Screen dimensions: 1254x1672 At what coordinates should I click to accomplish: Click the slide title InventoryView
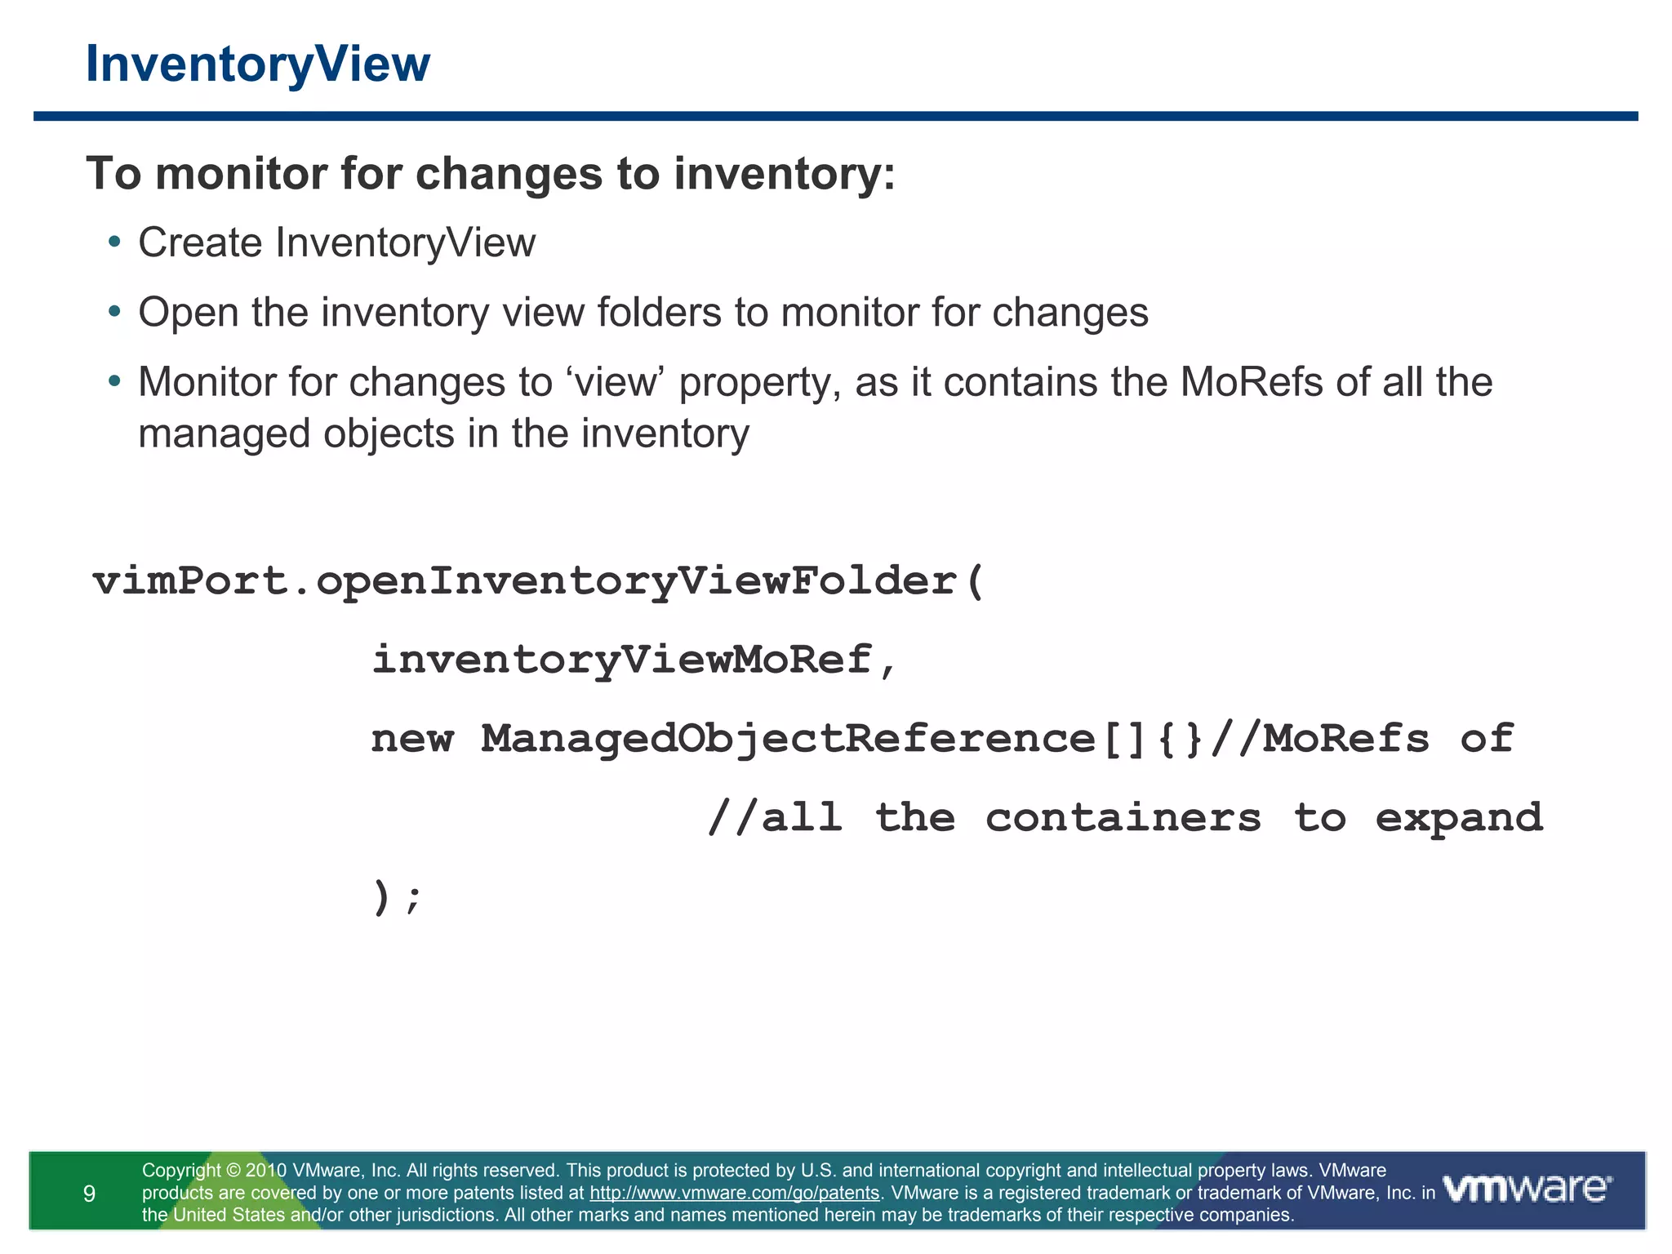(x=257, y=64)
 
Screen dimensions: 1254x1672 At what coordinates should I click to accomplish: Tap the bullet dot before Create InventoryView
(x=114, y=242)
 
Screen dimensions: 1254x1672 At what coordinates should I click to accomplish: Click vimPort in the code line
(x=190, y=581)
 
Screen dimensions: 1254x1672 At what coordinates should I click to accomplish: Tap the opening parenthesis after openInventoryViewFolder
(x=975, y=581)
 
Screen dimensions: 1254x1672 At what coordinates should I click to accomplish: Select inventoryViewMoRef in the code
(x=621, y=660)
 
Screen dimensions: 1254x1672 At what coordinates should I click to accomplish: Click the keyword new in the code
(x=412, y=739)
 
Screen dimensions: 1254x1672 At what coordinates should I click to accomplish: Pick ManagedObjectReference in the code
(x=788, y=739)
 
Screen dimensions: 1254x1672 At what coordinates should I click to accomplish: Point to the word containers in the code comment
(x=1123, y=818)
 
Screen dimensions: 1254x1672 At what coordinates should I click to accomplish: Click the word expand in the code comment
(x=1459, y=818)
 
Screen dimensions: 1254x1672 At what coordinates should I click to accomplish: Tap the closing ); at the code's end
(x=397, y=898)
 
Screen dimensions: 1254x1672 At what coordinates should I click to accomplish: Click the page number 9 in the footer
(x=90, y=1194)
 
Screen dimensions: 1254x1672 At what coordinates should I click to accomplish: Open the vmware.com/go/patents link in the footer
(x=734, y=1193)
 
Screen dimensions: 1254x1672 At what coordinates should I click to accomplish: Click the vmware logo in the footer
(x=1527, y=1189)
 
